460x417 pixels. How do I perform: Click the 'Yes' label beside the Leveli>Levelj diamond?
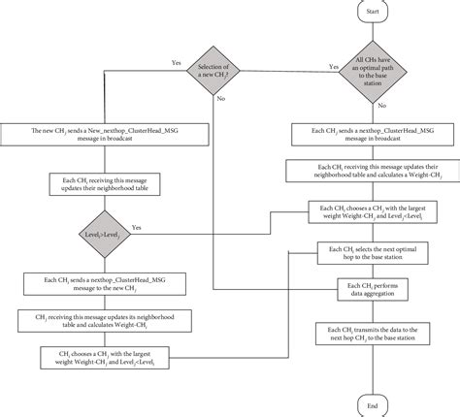point(136,227)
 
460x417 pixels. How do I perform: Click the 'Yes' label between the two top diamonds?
point(333,66)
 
